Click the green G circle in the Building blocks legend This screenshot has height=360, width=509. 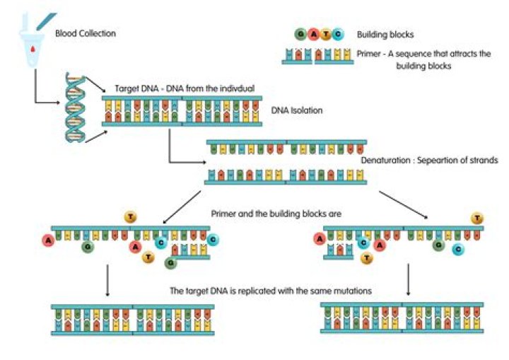point(300,34)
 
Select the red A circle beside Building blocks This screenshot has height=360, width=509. point(313,34)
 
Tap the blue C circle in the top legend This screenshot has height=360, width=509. point(338,34)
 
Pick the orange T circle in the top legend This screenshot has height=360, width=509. point(326,34)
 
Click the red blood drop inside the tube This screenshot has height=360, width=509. point(33,49)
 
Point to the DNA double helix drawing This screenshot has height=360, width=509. point(76,108)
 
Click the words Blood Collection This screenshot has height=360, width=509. point(86,33)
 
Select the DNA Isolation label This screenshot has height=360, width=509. point(297,110)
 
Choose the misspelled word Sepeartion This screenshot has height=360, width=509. point(438,161)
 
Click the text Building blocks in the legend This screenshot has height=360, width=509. point(385,35)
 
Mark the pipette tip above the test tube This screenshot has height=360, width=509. point(38,28)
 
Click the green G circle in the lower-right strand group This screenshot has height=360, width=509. point(438,244)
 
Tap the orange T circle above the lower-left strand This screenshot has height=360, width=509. point(130,216)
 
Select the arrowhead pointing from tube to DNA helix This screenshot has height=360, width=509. point(58,103)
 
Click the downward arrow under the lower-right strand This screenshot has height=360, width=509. point(409,279)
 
